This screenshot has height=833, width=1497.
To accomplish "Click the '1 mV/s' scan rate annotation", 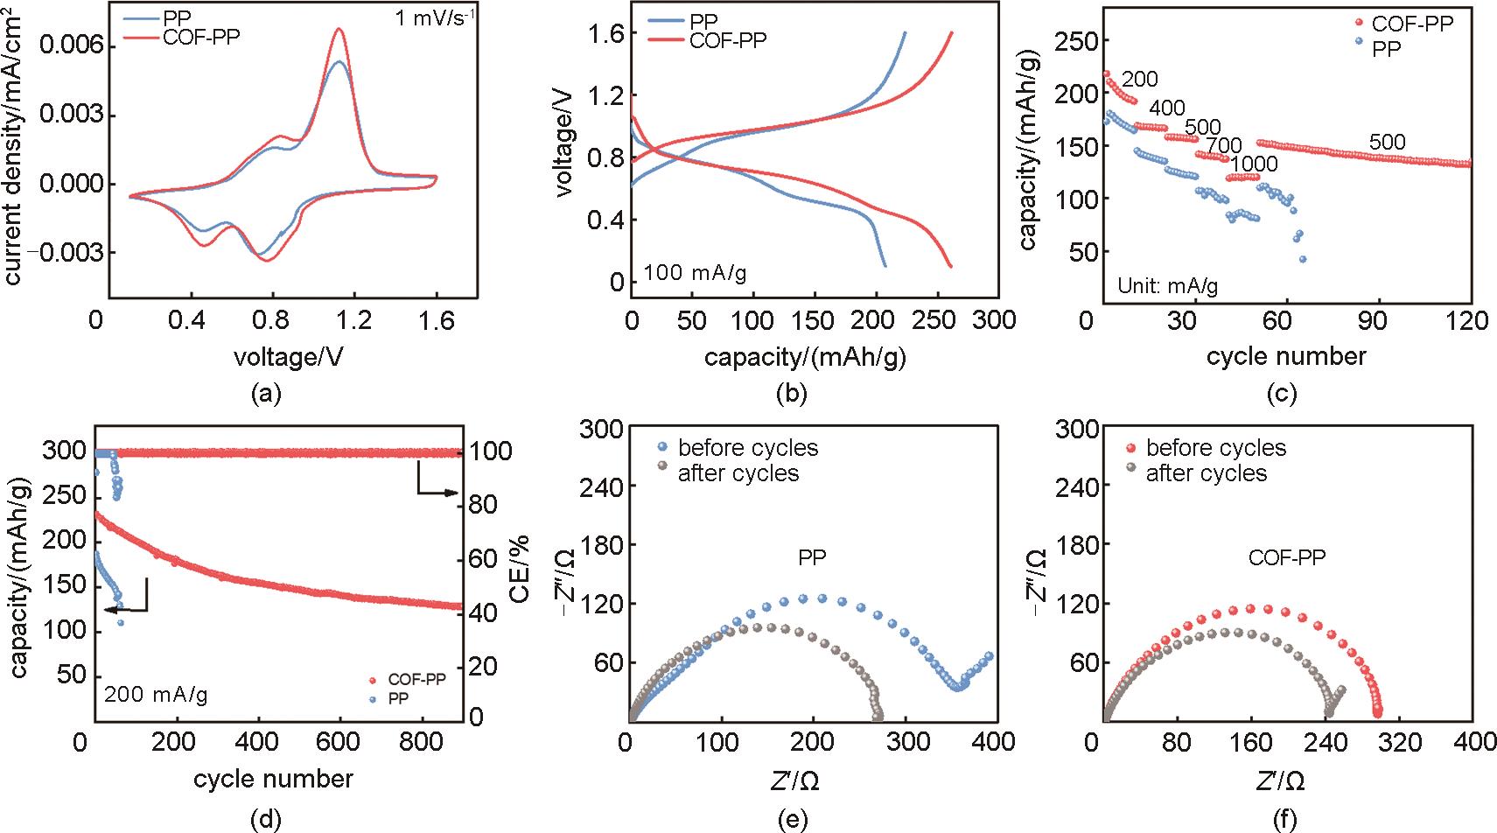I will pos(435,17).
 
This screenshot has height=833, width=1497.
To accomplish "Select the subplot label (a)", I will pos(265,394).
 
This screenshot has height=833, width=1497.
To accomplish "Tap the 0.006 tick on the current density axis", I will pos(66,46).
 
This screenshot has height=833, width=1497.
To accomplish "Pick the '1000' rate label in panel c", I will pos(1254,164).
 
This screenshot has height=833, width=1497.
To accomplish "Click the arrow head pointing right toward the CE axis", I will pos(453,493).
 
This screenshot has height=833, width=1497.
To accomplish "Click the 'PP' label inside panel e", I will pos(813,556).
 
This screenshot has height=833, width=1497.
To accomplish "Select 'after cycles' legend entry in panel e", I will pos(738,473).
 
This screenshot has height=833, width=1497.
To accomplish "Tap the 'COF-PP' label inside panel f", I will pos(1286,556).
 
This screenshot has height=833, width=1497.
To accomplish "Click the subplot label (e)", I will pos(791,820).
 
